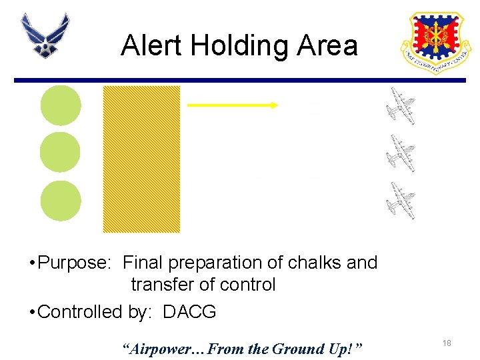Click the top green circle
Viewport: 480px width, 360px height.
click(x=61, y=105)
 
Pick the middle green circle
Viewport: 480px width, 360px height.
click(x=60, y=153)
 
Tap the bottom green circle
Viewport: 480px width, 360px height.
click(x=61, y=201)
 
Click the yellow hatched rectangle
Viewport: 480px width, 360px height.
click(x=141, y=159)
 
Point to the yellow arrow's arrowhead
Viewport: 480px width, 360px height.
click(x=274, y=105)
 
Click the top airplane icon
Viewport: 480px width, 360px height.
click(x=402, y=106)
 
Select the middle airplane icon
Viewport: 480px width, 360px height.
click(x=402, y=153)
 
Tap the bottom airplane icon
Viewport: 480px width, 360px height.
click(x=402, y=200)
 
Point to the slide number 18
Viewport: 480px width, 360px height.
click(x=447, y=343)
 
